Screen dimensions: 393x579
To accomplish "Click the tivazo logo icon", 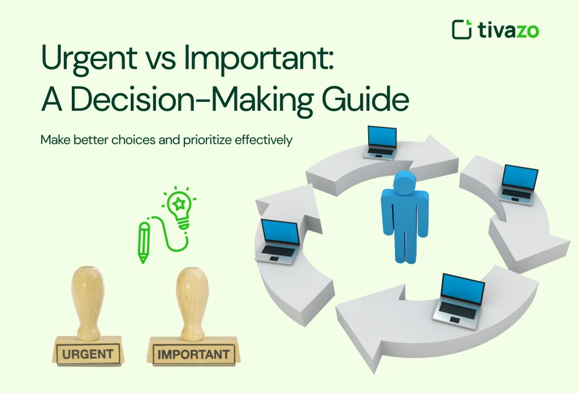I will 461,29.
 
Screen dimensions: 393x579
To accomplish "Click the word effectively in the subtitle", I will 266,140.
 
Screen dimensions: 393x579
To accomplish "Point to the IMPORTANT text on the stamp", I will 194,355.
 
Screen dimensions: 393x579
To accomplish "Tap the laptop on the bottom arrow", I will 459,297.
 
